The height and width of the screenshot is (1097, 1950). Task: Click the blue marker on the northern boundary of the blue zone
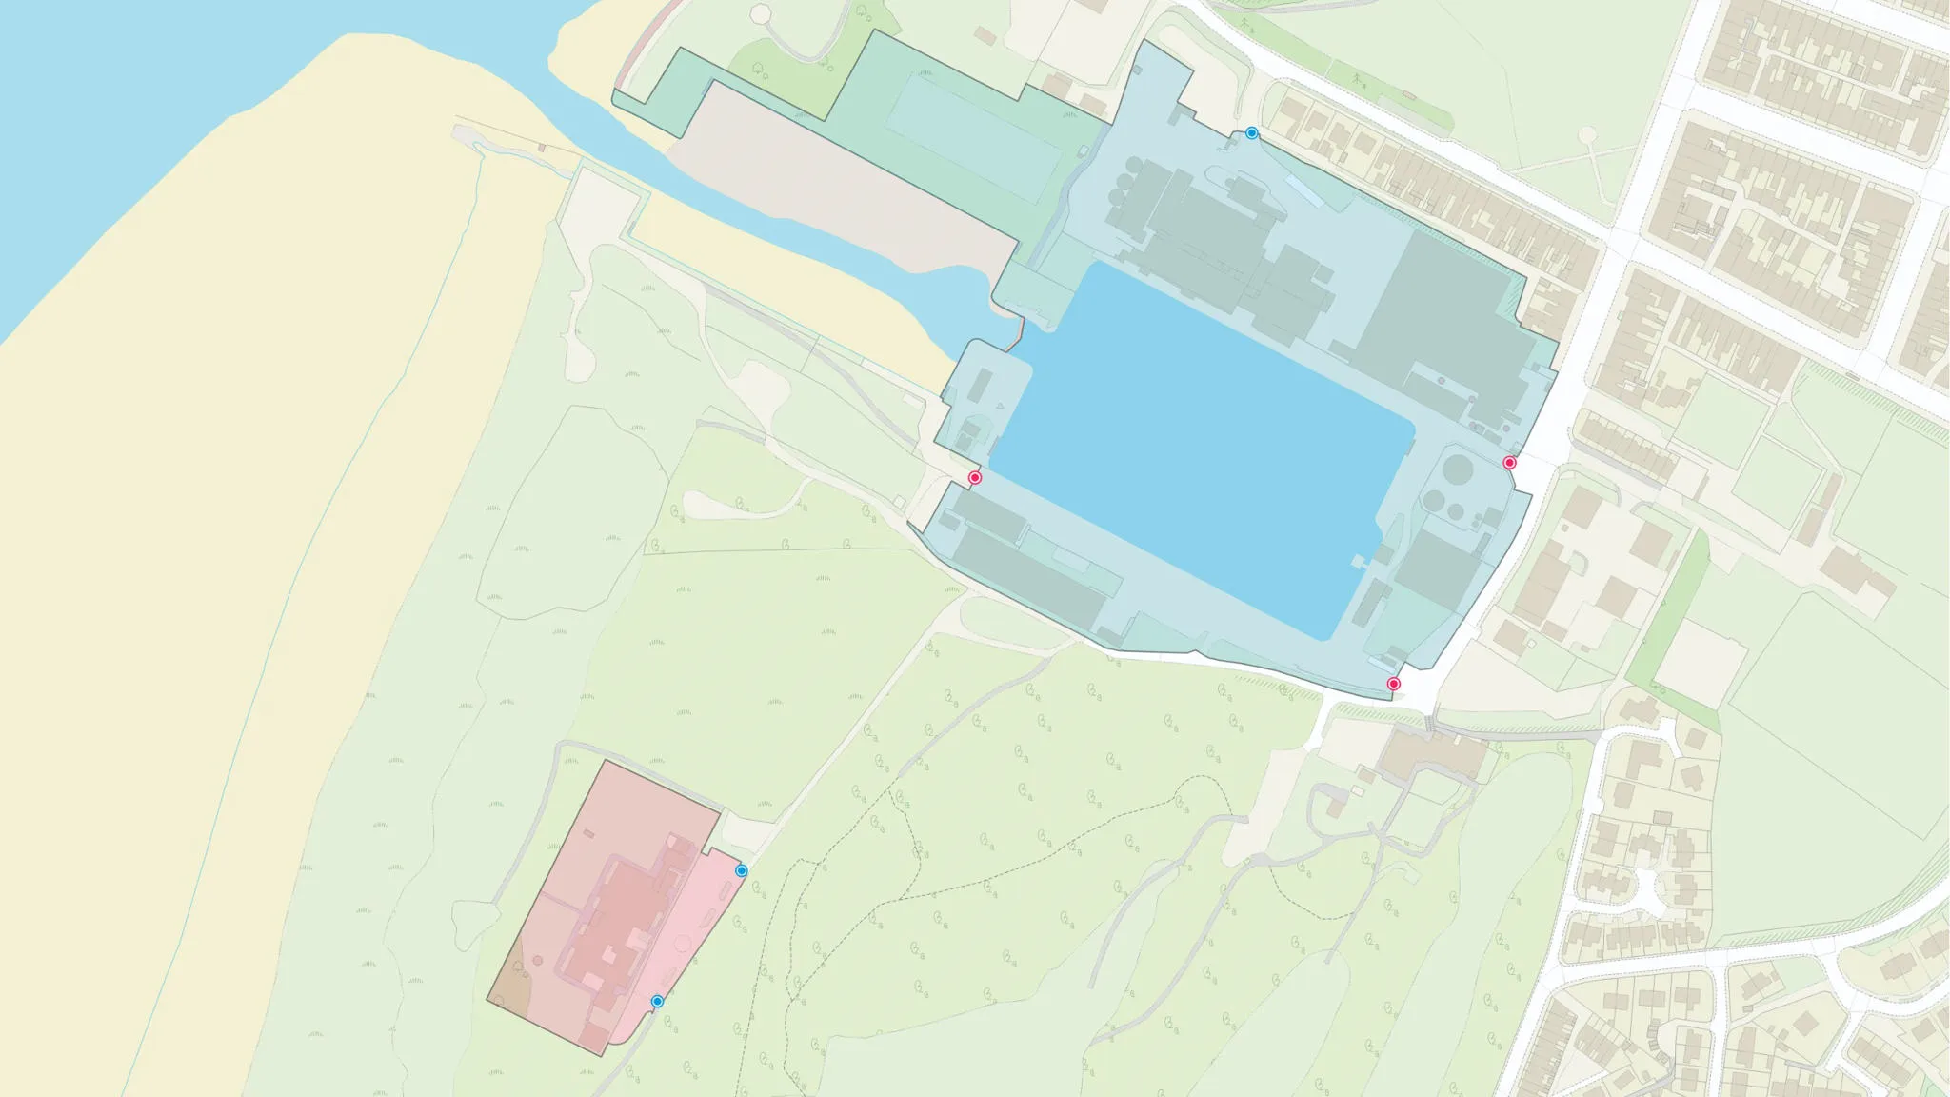pyautogui.click(x=1252, y=133)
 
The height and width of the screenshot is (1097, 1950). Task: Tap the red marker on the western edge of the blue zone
pyautogui.click(x=975, y=477)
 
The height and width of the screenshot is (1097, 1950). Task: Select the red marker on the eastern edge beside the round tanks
pyautogui.click(x=1509, y=463)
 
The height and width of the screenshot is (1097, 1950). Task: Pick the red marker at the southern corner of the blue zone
pyautogui.click(x=1394, y=684)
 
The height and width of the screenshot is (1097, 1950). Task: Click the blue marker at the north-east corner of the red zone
pyautogui.click(x=742, y=870)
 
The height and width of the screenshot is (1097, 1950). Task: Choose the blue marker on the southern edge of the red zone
pyautogui.click(x=657, y=1001)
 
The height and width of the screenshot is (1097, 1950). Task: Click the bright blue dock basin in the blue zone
pyautogui.click(x=1190, y=448)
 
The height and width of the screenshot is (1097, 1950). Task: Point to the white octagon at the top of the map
pyautogui.click(x=761, y=14)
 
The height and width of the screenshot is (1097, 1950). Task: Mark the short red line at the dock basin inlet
pyautogui.click(x=1019, y=332)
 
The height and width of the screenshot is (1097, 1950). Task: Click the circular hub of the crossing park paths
pyautogui.click(x=1587, y=137)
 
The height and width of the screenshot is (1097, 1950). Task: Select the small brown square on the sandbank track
pyautogui.click(x=542, y=148)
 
